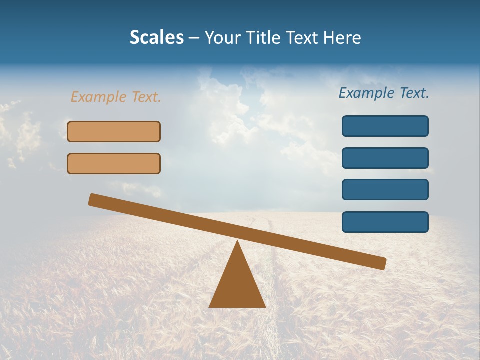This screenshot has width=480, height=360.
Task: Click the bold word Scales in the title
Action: [x=157, y=37]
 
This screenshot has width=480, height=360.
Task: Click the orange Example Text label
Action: [x=116, y=97]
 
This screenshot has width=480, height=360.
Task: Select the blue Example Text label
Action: [x=384, y=93]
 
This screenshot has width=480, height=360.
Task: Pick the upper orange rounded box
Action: [x=114, y=131]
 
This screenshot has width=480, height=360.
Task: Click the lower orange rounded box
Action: [x=114, y=163]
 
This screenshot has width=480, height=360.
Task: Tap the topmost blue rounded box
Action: [x=385, y=126]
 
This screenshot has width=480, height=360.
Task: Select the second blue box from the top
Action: [x=385, y=158]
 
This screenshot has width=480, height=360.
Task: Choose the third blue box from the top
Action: [x=385, y=189]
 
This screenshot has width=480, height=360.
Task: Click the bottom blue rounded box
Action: [x=385, y=222]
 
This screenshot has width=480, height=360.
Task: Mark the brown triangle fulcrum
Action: [x=237, y=282]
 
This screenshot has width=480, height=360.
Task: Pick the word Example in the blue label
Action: [x=367, y=93]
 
